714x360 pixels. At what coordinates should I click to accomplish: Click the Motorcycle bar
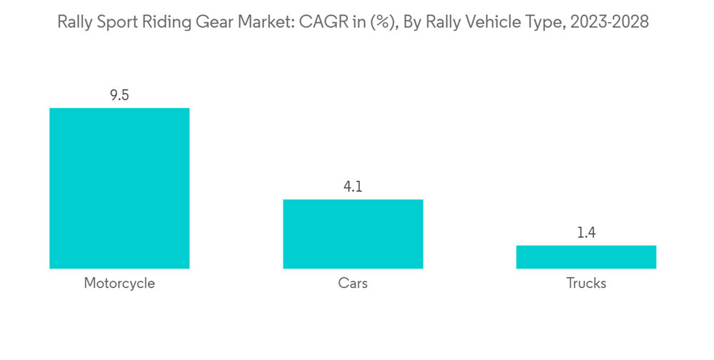pos(119,189)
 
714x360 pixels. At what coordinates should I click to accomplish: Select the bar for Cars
pos(353,234)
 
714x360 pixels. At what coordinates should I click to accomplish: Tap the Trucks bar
pos(585,257)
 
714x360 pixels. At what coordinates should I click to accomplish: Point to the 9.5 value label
pos(119,95)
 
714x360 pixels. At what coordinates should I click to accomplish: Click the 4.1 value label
pos(353,187)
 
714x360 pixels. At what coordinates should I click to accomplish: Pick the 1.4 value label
pos(585,233)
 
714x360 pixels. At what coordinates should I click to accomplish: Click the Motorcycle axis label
pos(119,284)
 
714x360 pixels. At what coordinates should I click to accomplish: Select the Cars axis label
pos(353,284)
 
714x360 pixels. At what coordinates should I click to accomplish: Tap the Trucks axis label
pos(585,284)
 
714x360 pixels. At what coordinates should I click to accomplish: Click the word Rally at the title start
pos(74,22)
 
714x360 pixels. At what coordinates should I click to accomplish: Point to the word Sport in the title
pos(117,22)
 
